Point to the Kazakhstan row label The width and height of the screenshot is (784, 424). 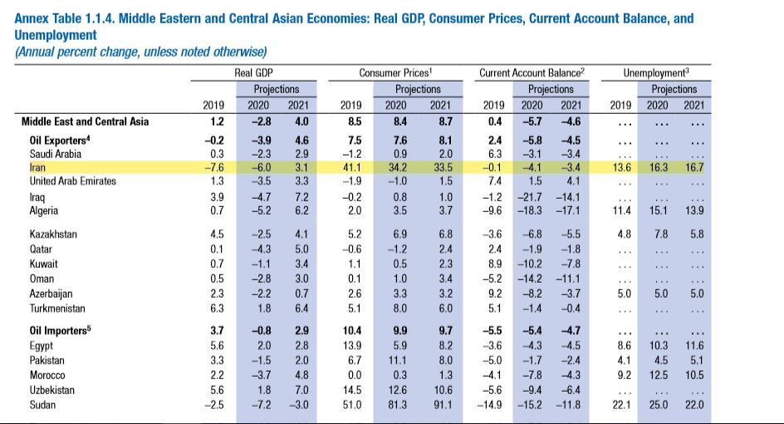click(x=53, y=234)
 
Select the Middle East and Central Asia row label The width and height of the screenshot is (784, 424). click(x=86, y=121)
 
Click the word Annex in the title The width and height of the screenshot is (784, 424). click(x=33, y=17)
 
